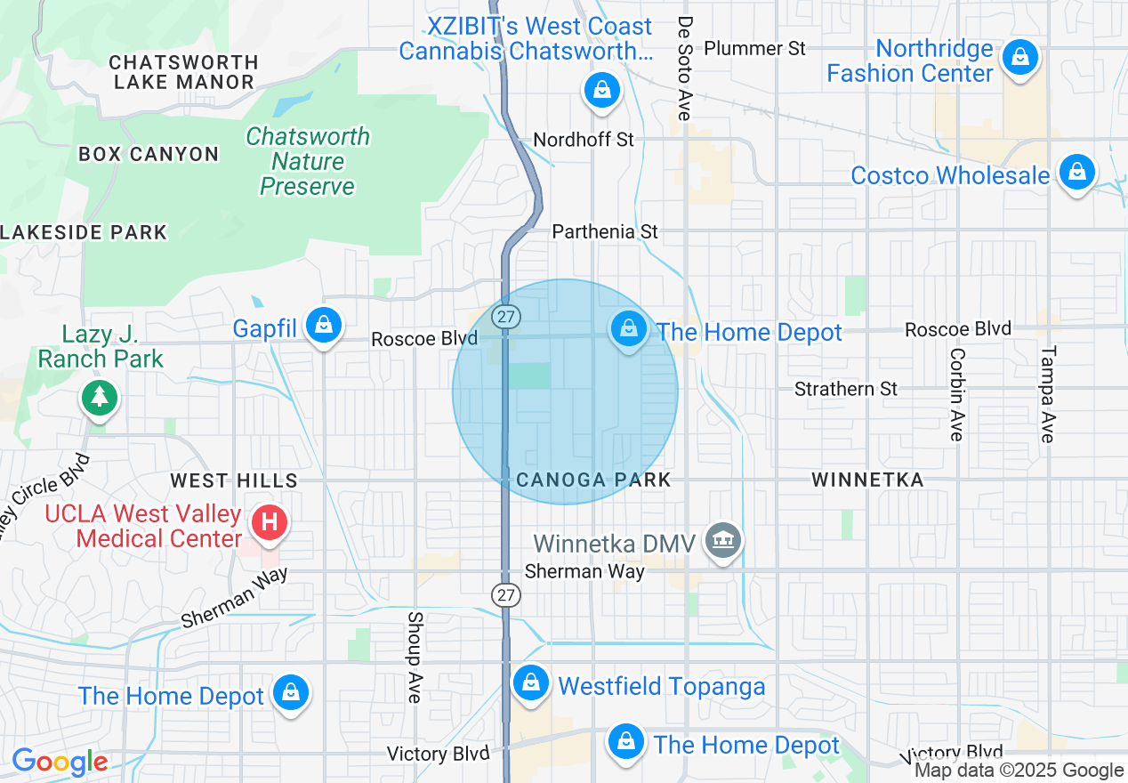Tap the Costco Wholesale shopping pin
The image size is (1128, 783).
click(1077, 173)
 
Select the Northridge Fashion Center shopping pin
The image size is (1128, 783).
click(1020, 59)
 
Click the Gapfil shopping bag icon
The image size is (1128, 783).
click(324, 326)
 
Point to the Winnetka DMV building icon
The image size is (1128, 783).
click(722, 540)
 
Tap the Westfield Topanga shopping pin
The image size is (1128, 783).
click(531, 683)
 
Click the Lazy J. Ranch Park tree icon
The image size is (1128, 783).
click(100, 397)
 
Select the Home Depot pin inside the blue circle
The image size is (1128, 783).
click(629, 329)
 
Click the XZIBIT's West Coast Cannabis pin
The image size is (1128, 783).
click(602, 90)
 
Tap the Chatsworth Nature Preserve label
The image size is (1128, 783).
click(307, 161)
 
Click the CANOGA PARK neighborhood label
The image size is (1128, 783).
click(593, 480)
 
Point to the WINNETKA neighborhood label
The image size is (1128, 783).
click(867, 480)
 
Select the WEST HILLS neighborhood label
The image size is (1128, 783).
click(234, 481)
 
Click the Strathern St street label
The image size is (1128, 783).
click(846, 389)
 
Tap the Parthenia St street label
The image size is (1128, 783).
click(605, 231)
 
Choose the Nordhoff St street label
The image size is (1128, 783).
click(584, 140)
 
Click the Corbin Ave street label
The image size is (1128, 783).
click(957, 394)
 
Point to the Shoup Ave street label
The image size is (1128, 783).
click(415, 657)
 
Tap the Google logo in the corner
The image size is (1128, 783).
click(60, 762)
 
